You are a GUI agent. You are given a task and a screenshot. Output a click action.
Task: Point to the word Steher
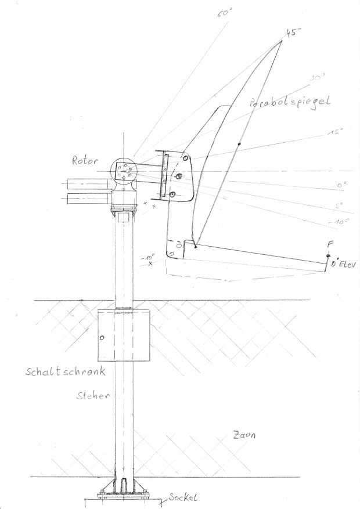coord(93,396)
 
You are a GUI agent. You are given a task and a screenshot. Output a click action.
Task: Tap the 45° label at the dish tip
coord(294,33)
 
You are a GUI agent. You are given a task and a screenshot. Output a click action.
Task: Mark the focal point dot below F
coord(328,256)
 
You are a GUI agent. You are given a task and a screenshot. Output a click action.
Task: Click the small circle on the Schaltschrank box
coord(102,337)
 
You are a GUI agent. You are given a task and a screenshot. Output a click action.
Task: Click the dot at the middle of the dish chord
coord(239,143)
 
